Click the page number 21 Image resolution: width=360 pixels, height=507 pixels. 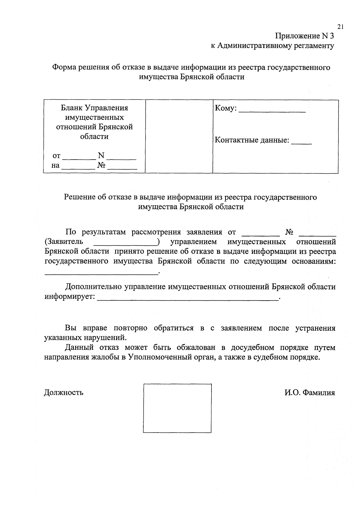pos(340,27)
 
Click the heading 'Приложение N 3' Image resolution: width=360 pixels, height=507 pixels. pos(304,36)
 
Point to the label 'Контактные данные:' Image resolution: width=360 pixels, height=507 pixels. pos(252,140)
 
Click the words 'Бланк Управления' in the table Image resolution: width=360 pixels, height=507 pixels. pos(94,108)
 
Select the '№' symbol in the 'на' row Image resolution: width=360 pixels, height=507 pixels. pos(101,166)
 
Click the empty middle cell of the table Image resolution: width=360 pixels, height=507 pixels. pos(179,136)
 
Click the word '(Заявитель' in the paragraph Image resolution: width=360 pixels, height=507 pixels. pos(63,242)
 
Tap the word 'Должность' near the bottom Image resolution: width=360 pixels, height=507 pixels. pos(64,392)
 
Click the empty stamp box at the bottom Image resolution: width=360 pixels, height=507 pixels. pos(177,408)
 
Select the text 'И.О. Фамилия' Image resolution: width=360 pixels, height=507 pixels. pos(310,392)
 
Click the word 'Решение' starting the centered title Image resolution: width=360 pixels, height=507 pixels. pos(79,197)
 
